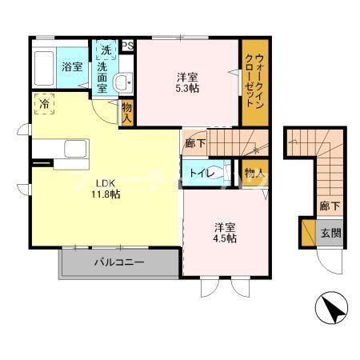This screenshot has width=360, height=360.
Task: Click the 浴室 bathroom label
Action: (x=72, y=67)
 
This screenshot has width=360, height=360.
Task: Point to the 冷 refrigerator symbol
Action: (x=45, y=104)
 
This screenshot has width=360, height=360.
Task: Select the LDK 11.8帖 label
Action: (x=104, y=189)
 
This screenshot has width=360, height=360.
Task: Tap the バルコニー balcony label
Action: (x=118, y=262)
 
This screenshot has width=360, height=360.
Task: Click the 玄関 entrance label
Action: (x=331, y=234)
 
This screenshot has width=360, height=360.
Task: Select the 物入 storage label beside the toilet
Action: (x=254, y=172)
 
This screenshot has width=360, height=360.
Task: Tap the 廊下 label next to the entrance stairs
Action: (x=329, y=206)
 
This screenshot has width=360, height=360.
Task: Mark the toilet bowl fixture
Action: (x=223, y=171)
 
